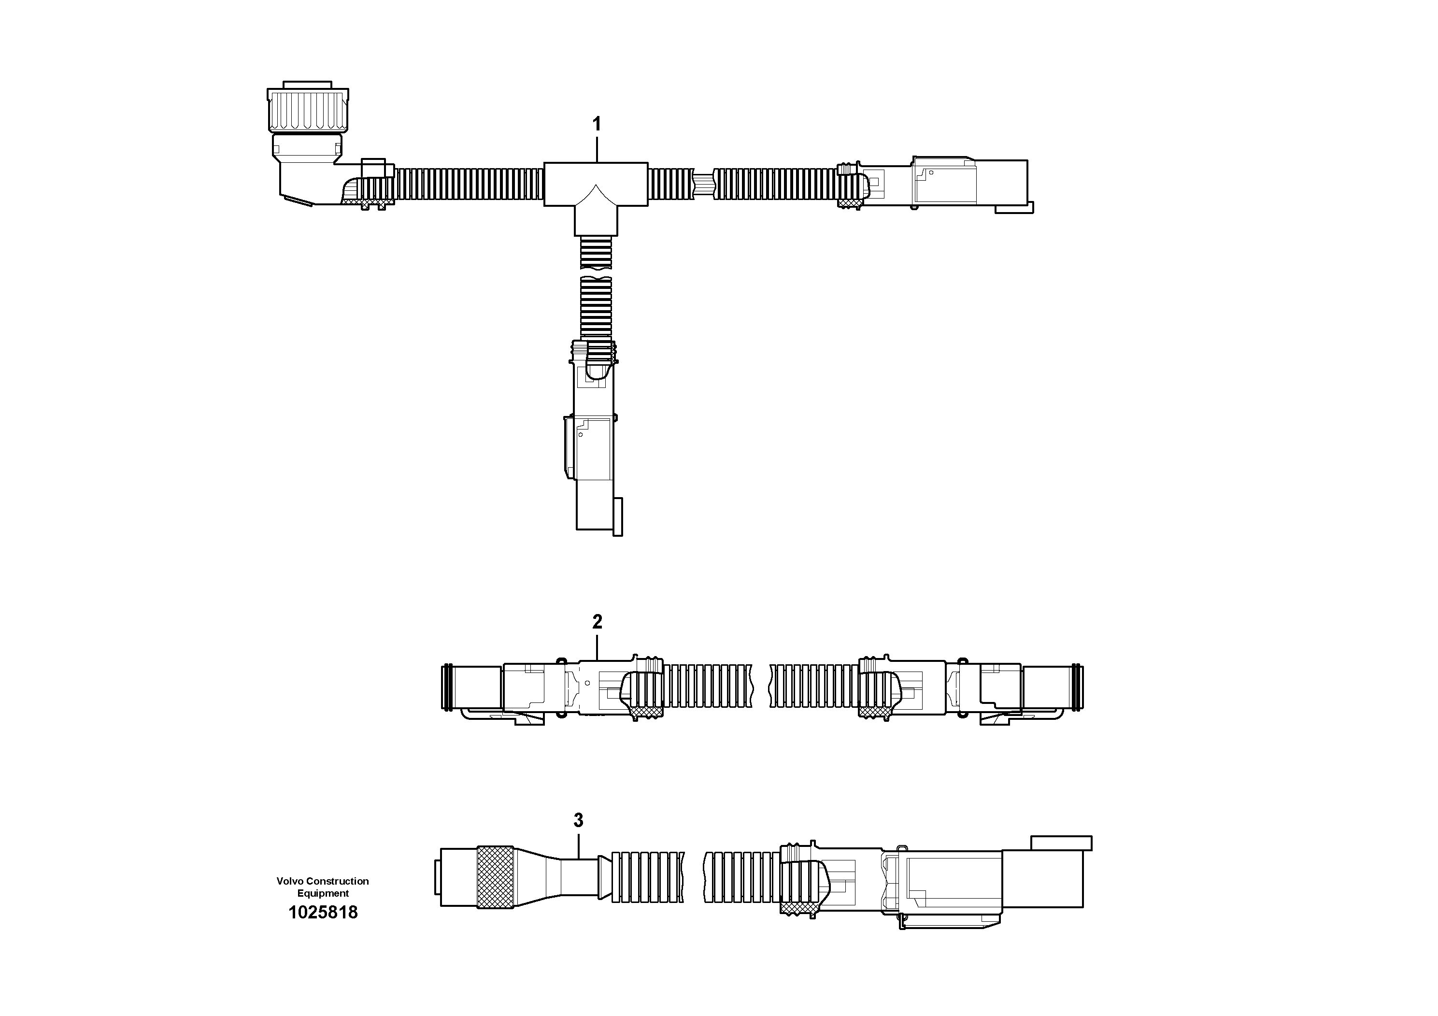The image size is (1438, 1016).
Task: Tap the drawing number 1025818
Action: [x=323, y=913]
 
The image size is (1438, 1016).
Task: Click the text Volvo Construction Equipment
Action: [x=323, y=887]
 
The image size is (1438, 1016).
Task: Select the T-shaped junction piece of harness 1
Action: [x=596, y=188]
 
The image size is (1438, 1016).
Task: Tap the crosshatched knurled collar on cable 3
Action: [x=496, y=877]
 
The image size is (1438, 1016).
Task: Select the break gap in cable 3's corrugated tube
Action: [x=694, y=877]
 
